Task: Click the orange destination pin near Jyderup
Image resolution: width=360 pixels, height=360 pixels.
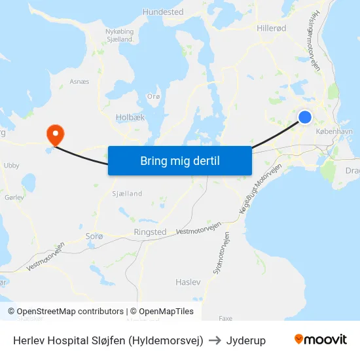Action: [55, 134]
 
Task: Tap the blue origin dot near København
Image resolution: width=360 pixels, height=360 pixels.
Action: [304, 117]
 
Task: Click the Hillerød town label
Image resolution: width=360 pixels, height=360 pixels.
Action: [272, 29]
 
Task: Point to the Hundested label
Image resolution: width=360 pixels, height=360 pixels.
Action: [163, 12]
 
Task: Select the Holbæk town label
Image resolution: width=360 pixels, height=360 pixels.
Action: [130, 118]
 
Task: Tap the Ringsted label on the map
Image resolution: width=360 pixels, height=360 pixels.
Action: [150, 232]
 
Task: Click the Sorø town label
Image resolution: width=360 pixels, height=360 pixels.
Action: [95, 235]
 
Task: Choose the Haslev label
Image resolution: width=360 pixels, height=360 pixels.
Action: [188, 281]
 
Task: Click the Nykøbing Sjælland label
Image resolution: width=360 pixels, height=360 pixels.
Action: [120, 35]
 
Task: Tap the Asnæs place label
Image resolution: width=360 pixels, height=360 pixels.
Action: [79, 82]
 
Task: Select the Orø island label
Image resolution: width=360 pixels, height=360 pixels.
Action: [154, 96]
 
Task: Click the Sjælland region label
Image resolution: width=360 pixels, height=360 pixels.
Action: [127, 194]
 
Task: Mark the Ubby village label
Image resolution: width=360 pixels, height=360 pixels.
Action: [12, 166]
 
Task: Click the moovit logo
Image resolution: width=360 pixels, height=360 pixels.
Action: [321, 340]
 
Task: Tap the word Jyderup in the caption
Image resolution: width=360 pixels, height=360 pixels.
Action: [246, 340]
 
